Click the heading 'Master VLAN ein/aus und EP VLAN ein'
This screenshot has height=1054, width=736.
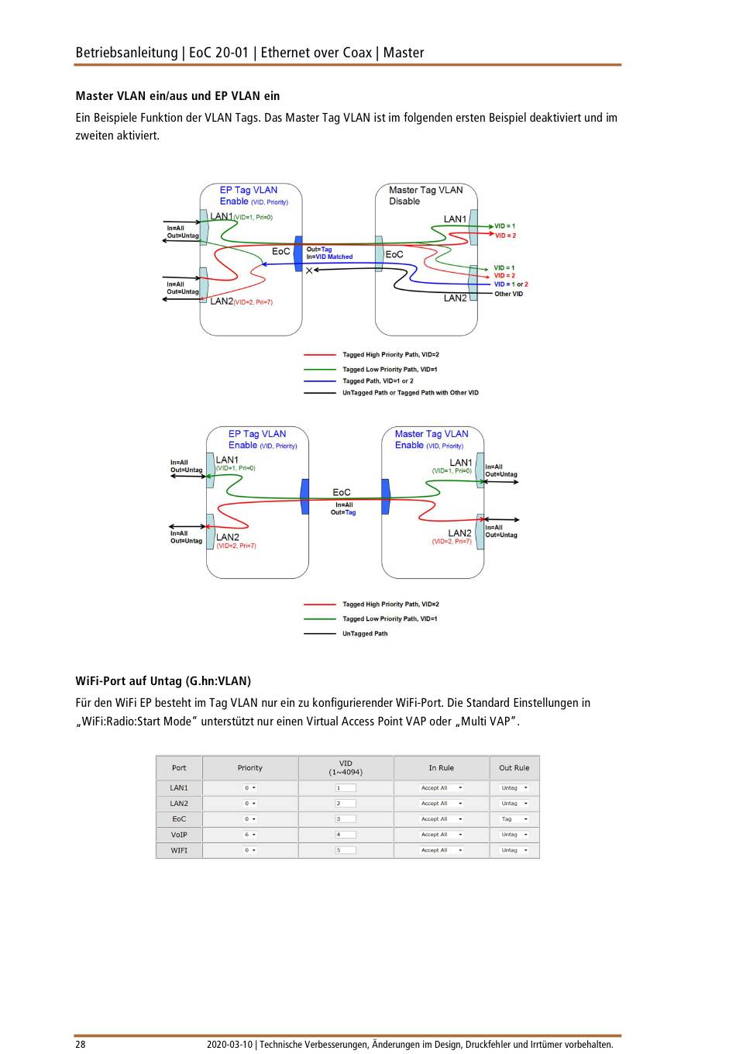tap(177, 96)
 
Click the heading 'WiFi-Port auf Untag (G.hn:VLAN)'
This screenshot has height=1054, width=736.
tap(163, 681)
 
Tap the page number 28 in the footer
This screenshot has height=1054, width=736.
tap(81, 1044)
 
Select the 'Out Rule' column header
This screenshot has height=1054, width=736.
tap(514, 768)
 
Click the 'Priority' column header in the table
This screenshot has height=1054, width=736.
tap(249, 768)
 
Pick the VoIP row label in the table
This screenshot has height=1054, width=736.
tap(179, 835)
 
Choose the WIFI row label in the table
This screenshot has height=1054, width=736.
tap(179, 850)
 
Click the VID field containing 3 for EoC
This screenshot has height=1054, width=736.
tap(346, 819)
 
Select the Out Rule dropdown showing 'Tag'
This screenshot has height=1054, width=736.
tap(514, 819)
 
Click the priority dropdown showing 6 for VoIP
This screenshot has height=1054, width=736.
tap(250, 835)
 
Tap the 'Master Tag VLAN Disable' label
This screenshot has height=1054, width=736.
tap(425, 195)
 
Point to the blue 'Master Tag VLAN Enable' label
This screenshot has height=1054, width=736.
tap(431, 439)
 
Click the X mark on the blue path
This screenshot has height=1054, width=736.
tap(309, 270)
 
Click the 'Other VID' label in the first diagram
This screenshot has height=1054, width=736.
tap(508, 294)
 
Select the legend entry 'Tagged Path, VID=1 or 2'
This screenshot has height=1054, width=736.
tap(377, 381)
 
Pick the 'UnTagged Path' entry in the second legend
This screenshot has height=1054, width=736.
tap(364, 634)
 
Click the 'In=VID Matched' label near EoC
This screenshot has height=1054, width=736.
tap(329, 257)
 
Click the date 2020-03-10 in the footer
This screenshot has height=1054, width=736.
tap(229, 1044)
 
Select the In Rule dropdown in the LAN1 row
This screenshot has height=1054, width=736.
tap(441, 788)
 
